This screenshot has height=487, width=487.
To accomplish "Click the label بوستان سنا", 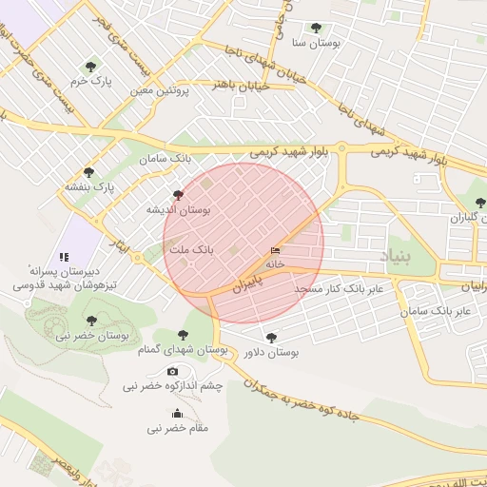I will pyautogui.click(x=316, y=44).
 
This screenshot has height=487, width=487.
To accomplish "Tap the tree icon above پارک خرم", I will pyautogui.click(x=90, y=67).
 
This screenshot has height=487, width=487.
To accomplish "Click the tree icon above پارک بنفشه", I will pyautogui.click(x=88, y=173).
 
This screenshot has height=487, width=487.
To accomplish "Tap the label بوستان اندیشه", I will pyautogui.click(x=179, y=208).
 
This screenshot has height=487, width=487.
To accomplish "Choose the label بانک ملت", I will pyautogui.click(x=191, y=248).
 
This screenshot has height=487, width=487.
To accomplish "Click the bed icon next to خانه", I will pyautogui.click(x=276, y=250).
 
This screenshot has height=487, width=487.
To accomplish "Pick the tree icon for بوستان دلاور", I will pyautogui.click(x=272, y=337).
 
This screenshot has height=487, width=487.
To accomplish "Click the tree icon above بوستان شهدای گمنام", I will pyautogui.click(x=183, y=335).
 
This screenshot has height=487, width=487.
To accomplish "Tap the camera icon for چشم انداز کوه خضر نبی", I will pyautogui.click(x=172, y=371).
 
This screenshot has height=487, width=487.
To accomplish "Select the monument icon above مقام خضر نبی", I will pyautogui.click(x=177, y=413).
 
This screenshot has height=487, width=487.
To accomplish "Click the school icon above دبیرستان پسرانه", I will pyautogui.click(x=64, y=257).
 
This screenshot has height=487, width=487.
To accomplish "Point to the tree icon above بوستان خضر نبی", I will pyautogui.click(x=91, y=321).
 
